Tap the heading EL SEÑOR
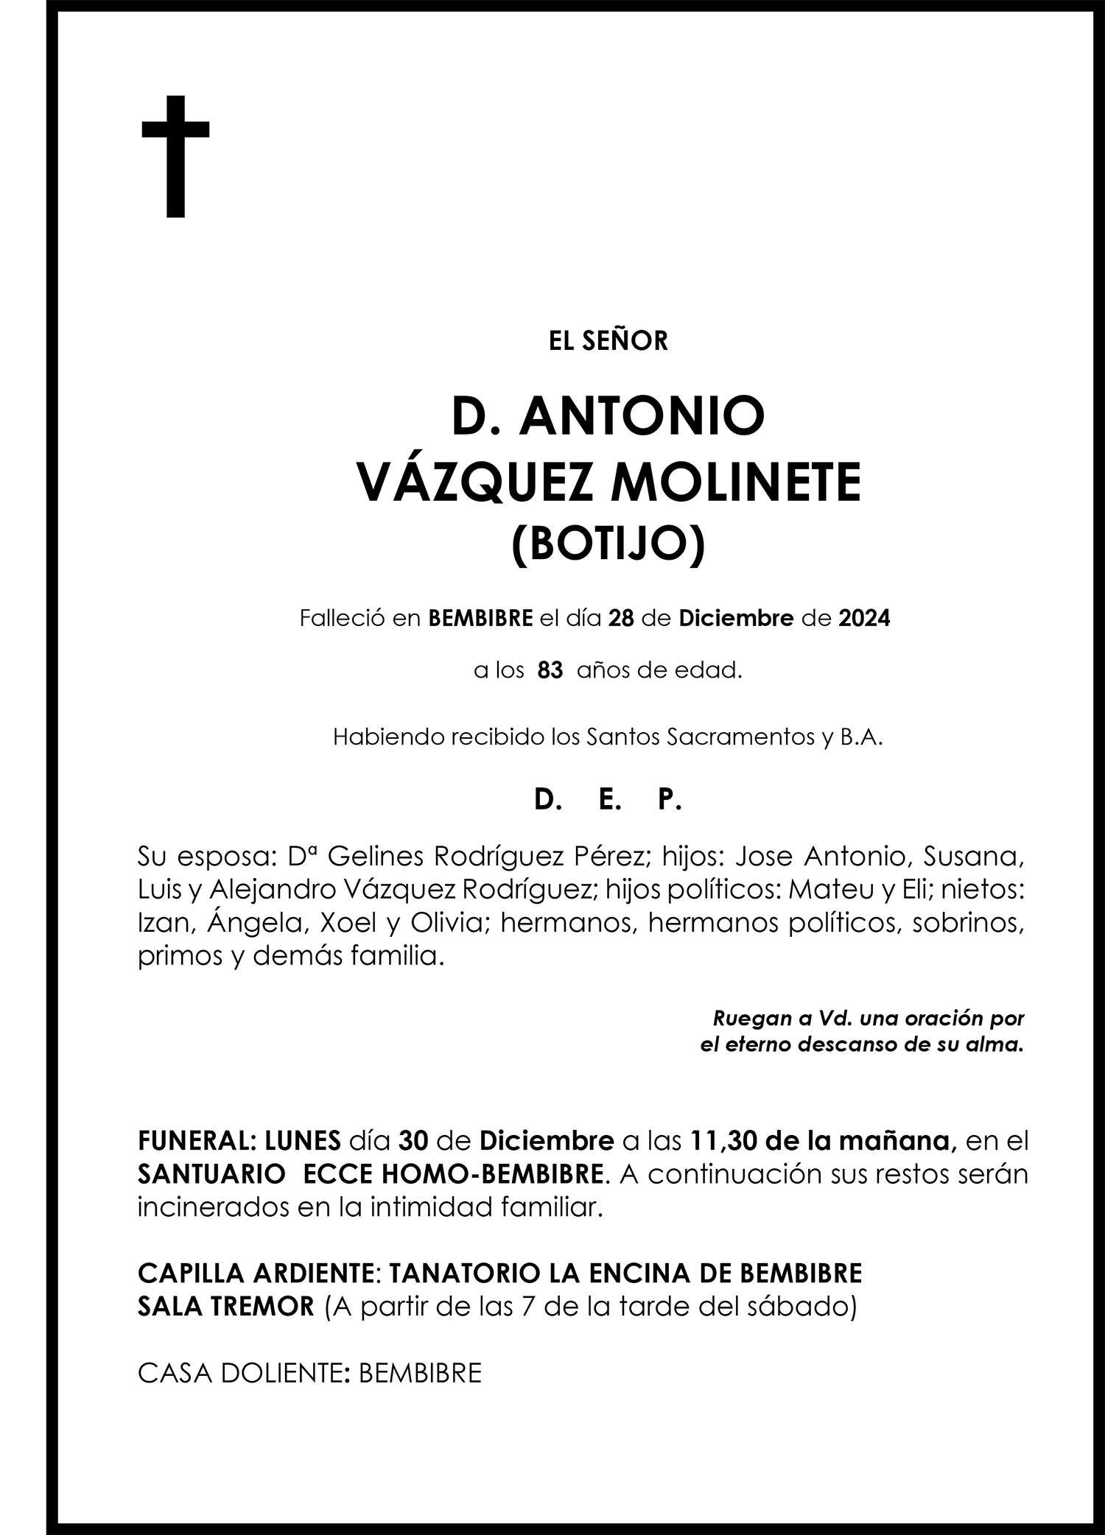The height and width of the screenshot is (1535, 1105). (x=608, y=341)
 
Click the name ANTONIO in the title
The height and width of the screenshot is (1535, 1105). (x=642, y=416)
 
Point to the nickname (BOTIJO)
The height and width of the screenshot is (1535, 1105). (x=608, y=544)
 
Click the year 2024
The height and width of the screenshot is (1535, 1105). (x=864, y=618)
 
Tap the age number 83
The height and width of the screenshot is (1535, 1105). (x=550, y=671)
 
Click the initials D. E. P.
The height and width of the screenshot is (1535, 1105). (x=608, y=800)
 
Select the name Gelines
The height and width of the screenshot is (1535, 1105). (x=375, y=857)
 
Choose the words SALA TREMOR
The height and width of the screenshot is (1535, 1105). (x=226, y=1307)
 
